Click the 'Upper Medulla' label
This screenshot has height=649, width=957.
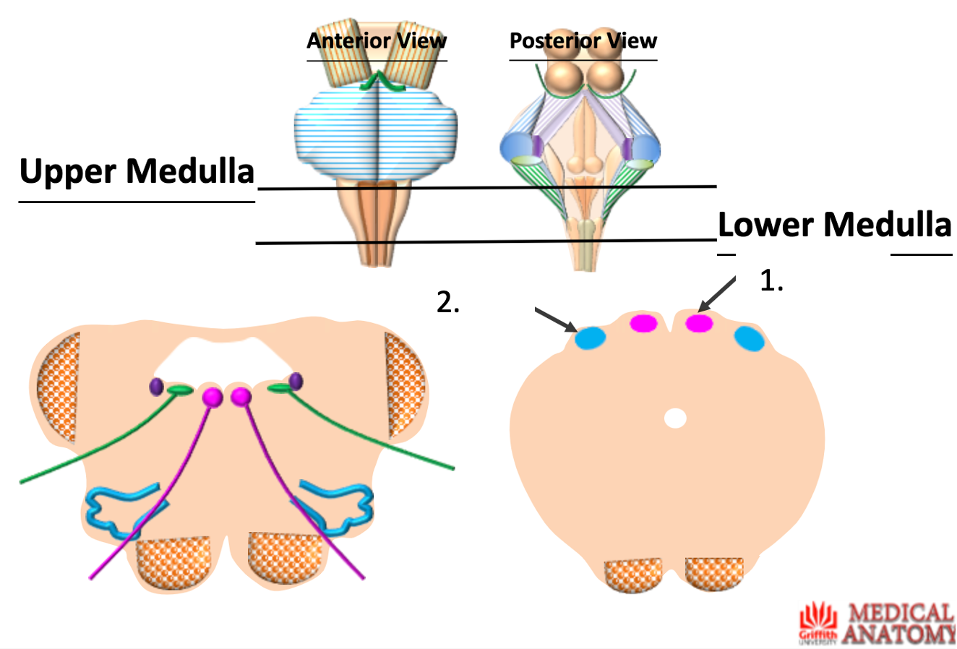pyautogui.click(x=137, y=171)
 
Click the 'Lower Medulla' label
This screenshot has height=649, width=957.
pyautogui.click(x=834, y=225)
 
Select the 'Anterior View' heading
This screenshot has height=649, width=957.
pyautogui.click(x=377, y=40)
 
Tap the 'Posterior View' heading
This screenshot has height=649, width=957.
pyautogui.click(x=583, y=40)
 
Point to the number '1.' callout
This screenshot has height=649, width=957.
pyautogui.click(x=771, y=281)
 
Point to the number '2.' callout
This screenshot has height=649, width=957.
pyautogui.click(x=448, y=302)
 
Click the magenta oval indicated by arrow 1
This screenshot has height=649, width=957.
pyautogui.click(x=699, y=323)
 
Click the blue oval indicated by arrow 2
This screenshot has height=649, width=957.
pyautogui.click(x=590, y=338)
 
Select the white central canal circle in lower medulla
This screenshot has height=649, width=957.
pyautogui.click(x=675, y=418)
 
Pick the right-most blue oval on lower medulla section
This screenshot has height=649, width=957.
pyautogui.click(x=750, y=338)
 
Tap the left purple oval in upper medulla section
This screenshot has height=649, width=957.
pyautogui.click(x=156, y=387)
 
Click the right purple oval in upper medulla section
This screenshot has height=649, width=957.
pyautogui.click(x=296, y=381)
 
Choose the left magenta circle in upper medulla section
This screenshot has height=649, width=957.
pyautogui.click(x=213, y=397)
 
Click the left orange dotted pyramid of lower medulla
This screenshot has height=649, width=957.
pyautogui.click(x=632, y=574)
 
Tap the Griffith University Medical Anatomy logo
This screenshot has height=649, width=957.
pyautogui.click(x=877, y=623)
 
